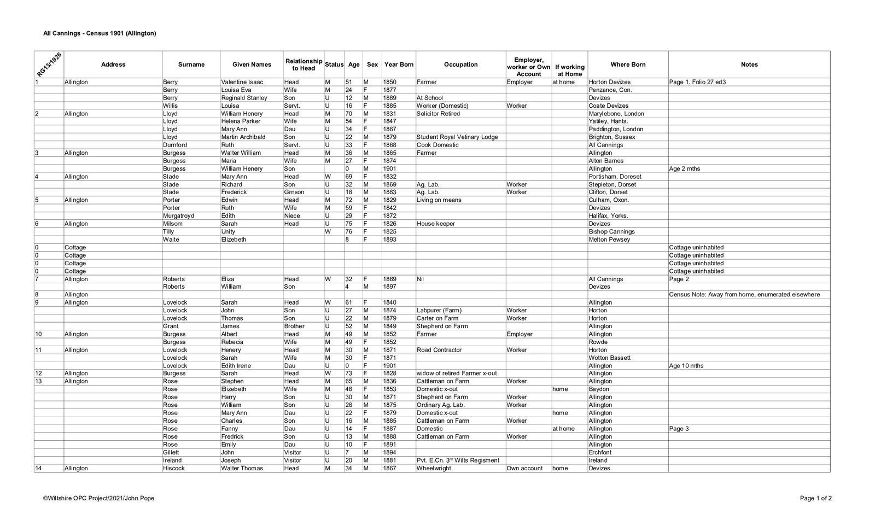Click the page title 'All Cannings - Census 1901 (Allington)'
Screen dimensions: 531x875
click(100, 33)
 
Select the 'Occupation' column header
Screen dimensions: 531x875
click(460, 65)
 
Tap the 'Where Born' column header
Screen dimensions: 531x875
click(628, 65)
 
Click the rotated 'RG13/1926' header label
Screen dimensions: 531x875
click(49, 65)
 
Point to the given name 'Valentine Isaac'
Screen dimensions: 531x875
click(242, 82)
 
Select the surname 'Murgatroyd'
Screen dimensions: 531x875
click(178, 216)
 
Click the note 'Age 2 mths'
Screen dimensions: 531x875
click(684, 169)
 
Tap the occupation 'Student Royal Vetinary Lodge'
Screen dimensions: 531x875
click(457, 137)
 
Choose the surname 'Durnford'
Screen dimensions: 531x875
click(175, 145)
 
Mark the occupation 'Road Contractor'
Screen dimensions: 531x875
click(439, 350)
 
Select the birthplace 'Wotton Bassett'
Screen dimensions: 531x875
click(609, 358)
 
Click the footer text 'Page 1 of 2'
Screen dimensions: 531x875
click(815, 498)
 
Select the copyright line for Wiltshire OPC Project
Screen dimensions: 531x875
click(98, 498)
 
